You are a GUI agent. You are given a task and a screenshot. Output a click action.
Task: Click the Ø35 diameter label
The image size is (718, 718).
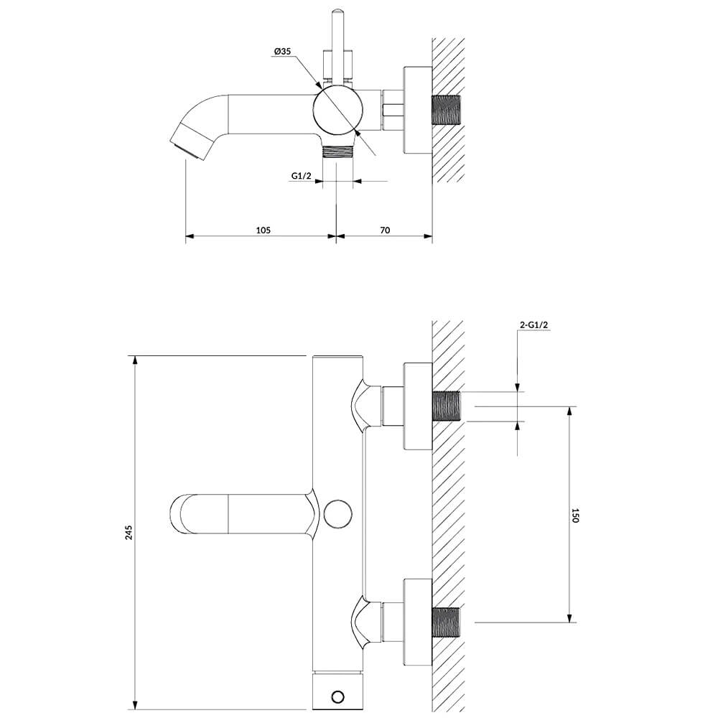click(282, 51)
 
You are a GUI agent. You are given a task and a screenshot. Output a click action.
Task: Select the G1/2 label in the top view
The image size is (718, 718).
click(301, 175)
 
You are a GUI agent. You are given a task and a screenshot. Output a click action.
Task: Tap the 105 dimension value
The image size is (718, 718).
click(263, 230)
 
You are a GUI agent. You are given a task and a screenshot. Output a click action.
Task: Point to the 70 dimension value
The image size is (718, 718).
click(385, 230)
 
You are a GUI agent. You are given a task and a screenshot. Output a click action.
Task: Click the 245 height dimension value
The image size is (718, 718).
click(129, 533)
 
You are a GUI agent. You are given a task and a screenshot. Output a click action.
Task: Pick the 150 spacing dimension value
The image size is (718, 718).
click(576, 515)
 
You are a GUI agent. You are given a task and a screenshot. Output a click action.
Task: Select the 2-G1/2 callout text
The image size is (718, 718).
click(534, 325)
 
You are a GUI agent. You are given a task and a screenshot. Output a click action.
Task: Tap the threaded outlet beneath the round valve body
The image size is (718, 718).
click(337, 151)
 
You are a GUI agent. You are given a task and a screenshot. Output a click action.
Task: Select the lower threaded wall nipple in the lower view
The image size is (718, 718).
click(447, 623)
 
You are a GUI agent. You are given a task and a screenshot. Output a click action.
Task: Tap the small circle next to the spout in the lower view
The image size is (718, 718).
click(337, 514)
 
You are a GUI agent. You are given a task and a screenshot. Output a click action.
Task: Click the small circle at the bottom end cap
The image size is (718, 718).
click(337, 697)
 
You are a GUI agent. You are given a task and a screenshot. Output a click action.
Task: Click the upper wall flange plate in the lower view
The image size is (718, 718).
click(418, 406)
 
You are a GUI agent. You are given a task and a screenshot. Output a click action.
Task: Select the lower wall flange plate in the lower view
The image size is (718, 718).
click(418, 623)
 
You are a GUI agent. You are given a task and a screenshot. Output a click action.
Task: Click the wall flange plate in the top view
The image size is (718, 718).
click(418, 111)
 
